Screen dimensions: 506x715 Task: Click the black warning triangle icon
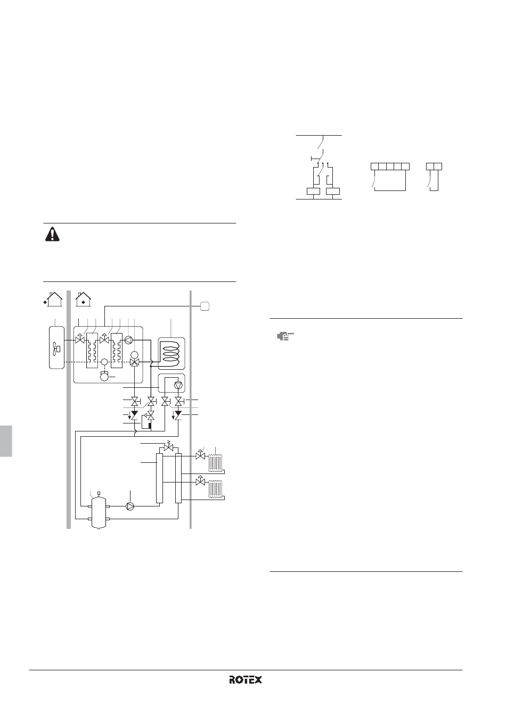tap(52, 234)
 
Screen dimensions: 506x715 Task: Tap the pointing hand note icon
tap(285, 336)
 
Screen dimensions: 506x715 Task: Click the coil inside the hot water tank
tap(172, 354)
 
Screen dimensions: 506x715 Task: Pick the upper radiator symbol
tap(216, 463)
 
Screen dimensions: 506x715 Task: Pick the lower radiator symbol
tap(216, 489)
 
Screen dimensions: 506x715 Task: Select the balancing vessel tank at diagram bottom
tap(99, 512)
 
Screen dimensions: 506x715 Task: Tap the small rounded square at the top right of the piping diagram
tap(205, 306)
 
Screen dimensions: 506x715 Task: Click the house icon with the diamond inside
tap(84, 300)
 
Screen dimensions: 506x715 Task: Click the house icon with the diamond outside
tap(53, 300)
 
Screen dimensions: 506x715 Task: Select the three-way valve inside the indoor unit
tap(135, 362)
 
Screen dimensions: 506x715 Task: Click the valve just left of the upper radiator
tap(200, 455)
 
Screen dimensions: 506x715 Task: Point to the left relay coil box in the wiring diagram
tap(313, 191)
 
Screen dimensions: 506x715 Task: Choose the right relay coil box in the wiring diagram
tap(332, 191)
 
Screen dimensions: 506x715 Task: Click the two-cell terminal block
tap(434, 167)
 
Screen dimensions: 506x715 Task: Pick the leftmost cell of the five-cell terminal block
tap(374, 167)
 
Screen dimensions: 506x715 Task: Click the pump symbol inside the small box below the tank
tap(178, 385)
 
